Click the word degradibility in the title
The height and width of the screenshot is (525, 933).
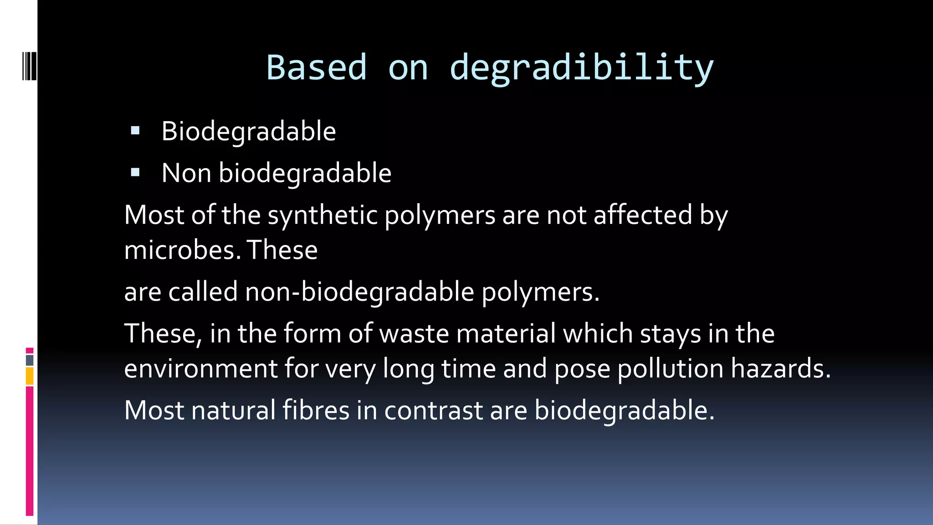[581, 67]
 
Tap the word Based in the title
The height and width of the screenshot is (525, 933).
[316, 67]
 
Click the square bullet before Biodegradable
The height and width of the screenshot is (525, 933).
[135, 131]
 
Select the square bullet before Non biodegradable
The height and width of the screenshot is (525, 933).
[135, 173]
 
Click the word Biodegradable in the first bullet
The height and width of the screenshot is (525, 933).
[249, 131]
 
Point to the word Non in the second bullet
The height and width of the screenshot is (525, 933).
[186, 173]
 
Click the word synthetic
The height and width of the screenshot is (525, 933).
[323, 215]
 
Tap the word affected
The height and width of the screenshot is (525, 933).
[643, 215]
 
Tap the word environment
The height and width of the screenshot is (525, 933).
[201, 368]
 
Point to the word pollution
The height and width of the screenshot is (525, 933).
[670, 368]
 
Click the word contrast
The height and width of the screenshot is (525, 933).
[433, 410]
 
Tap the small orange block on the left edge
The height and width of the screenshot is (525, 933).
[30, 376]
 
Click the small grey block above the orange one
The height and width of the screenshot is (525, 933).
[30, 360]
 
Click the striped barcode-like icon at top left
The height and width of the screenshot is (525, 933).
[30, 67]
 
